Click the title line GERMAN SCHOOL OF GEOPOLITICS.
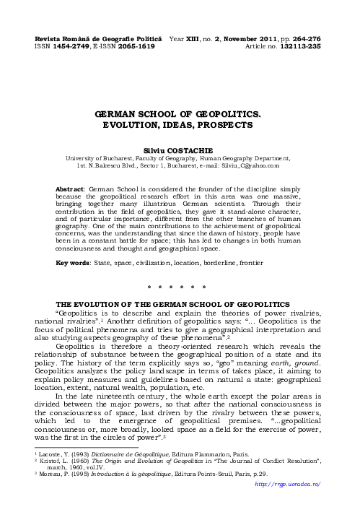point(180,114)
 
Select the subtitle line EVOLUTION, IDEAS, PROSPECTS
point(180,125)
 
